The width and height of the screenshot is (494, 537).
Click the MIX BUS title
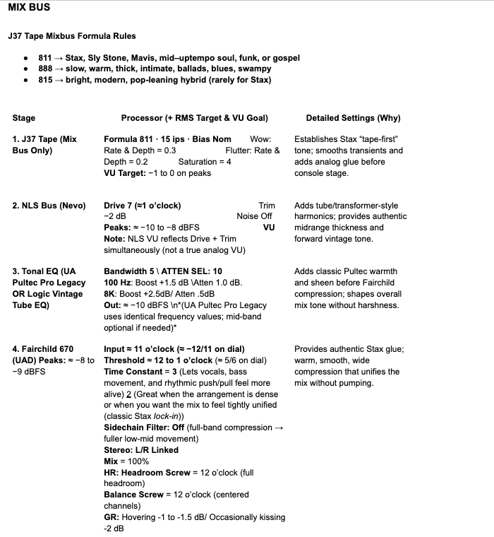29,9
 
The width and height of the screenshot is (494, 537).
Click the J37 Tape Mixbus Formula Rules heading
72,35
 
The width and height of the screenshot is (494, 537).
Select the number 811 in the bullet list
44,58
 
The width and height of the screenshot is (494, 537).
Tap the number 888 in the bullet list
44,69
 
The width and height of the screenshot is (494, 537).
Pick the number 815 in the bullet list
44,80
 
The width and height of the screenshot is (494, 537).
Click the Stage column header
24,118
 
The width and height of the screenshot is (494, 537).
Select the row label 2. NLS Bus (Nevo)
49,206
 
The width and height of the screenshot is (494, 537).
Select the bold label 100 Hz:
119,283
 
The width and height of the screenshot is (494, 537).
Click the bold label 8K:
111,294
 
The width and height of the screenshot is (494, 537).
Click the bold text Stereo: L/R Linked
141,449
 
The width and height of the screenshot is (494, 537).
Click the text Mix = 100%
126,461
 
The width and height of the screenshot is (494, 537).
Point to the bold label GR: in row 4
112,517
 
